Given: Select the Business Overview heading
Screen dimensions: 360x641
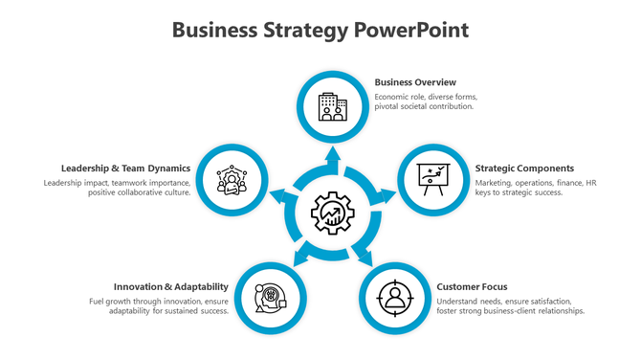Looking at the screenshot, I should point(415,82).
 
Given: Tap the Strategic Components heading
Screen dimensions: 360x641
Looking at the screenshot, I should point(524,168).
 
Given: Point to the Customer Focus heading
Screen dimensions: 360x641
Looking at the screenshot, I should point(472,286).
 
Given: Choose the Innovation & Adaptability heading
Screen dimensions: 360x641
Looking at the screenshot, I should point(170,286).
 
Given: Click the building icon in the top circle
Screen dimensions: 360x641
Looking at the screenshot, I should point(333,106).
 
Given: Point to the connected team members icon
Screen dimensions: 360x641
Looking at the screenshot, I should point(231,178).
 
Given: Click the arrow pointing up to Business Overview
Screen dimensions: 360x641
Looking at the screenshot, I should point(333,156).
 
